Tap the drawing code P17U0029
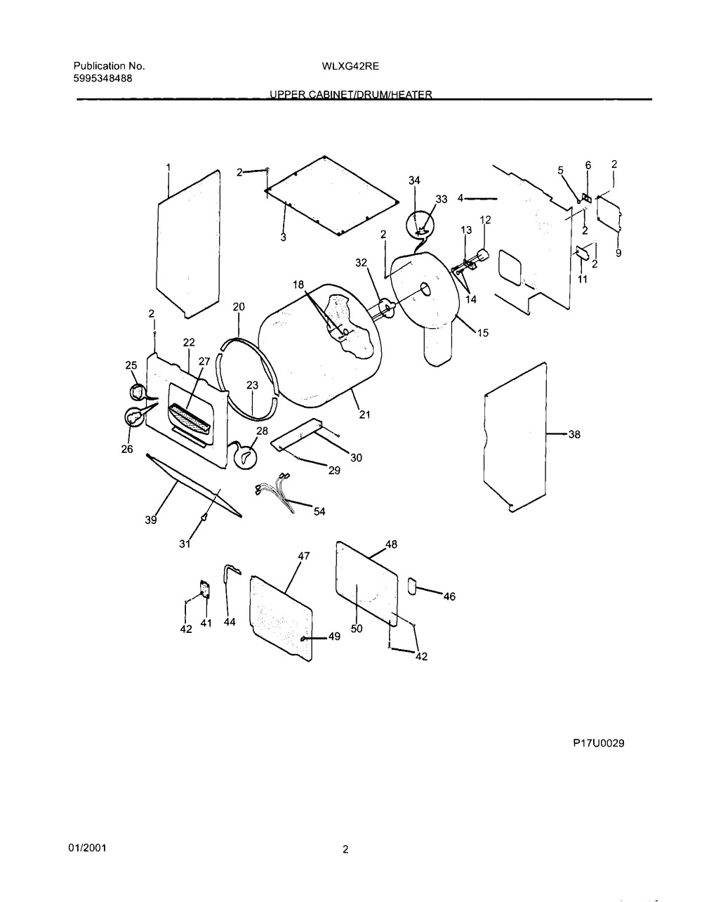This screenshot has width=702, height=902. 598,743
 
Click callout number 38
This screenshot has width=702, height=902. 574,435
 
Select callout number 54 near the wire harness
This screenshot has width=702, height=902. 319,511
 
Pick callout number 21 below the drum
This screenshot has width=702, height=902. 365,414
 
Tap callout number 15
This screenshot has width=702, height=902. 483,333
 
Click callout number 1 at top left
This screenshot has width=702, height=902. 168,167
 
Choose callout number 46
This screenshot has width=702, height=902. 449,596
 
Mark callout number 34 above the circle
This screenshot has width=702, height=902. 414,181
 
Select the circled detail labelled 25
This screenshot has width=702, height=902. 138,391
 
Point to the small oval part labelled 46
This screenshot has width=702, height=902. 411,585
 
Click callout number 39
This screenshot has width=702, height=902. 151,520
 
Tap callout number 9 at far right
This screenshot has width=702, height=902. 618,254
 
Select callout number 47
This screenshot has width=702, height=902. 303,555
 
